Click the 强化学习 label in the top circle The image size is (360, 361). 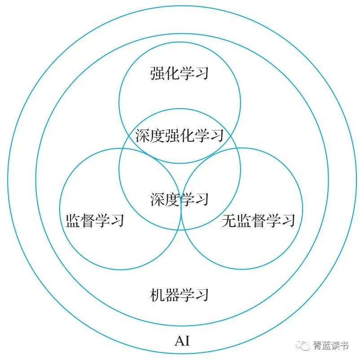[x=180, y=73]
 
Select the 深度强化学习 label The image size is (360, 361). [x=180, y=135]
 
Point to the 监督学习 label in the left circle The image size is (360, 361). [x=95, y=221]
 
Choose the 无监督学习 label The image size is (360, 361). [x=258, y=221]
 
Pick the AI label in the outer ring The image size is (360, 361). [x=182, y=341]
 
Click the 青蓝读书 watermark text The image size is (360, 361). [x=331, y=345]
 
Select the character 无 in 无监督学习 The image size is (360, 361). [x=228, y=221]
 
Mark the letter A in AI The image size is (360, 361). [x=179, y=341]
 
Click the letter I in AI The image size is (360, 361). [x=187, y=341]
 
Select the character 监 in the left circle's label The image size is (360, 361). [x=73, y=221]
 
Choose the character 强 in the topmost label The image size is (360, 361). [x=157, y=73]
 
